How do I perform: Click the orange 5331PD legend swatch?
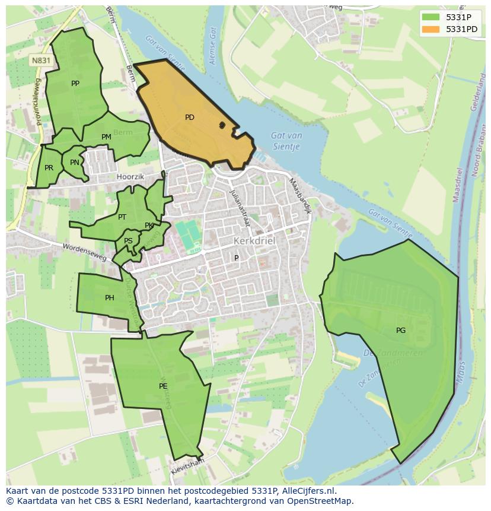click(x=431, y=29)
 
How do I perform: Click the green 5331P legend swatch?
click(x=431, y=17)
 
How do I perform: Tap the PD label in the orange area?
click(x=190, y=118)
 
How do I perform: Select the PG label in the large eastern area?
click(x=401, y=331)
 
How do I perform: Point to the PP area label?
click(x=75, y=84)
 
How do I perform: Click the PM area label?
click(x=106, y=137)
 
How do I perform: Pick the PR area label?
click(x=49, y=168)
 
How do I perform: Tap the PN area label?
click(x=74, y=163)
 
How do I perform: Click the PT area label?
click(x=122, y=217)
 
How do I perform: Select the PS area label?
click(x=128, y=241)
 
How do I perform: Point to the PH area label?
click(x=110, y=298)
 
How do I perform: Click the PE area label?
click(x=163, y=386)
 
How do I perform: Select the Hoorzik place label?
click(x=131, y=176)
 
